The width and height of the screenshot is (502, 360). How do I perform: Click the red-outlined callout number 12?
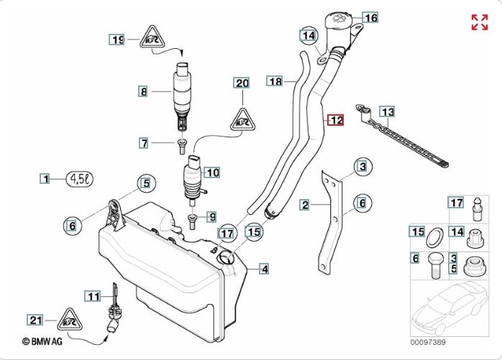click(x=336, y=121)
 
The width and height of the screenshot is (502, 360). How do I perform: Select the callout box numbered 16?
click(x=370, y=17)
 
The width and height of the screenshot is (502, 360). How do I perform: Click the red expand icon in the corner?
click(x=479, y=22)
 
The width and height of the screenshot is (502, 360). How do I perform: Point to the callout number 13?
click(x=387, y=111)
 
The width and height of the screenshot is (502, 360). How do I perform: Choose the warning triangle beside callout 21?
click(x=71, y=318)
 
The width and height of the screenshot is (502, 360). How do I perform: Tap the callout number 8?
click(x=144, y=91)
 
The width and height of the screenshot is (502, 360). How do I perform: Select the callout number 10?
click(x=212, y=172)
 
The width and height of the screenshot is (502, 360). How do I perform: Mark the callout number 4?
click(x=265, y=269)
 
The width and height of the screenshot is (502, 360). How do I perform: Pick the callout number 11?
click(x=93, y=295)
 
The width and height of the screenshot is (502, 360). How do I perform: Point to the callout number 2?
click(x=305, y=205)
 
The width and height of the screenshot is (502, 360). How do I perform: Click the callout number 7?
click(x=145, y=144)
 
